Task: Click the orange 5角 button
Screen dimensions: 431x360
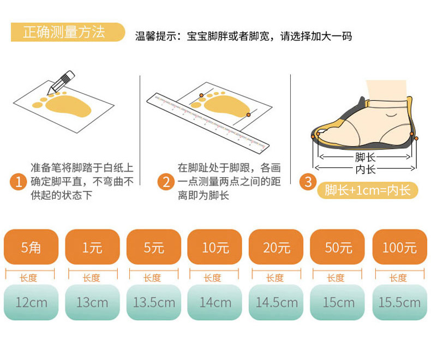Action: [x=31, y=247]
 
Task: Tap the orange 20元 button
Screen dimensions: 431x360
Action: [x=276, y=247]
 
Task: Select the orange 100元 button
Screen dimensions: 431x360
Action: [x=400, y=247]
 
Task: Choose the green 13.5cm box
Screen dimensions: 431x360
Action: [x=154, y=302]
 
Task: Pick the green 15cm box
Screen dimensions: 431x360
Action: [x=337, y=302]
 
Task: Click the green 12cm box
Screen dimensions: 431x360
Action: [x=31, y=302]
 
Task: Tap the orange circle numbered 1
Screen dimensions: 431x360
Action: [x=19, y=182]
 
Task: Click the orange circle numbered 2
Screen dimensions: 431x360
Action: [x=166, y=182]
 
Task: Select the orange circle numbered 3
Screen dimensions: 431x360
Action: [x=308, y=182]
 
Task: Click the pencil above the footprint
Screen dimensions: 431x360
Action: [x=61, y=82]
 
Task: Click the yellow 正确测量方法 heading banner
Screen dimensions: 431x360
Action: [x=68, y=32]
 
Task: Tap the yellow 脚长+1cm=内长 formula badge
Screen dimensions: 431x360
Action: [x=368, y=190]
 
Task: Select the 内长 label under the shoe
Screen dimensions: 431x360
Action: [x=365, y=169]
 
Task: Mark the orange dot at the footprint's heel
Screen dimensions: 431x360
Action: [x=248, y=115]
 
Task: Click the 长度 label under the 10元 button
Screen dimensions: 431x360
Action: [x=212, y=278]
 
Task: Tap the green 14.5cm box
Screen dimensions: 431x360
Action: [x=276, y=302]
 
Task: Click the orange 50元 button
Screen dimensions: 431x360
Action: [x=337, y=247]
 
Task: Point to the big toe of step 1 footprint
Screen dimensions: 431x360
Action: [x=38, y=105]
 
